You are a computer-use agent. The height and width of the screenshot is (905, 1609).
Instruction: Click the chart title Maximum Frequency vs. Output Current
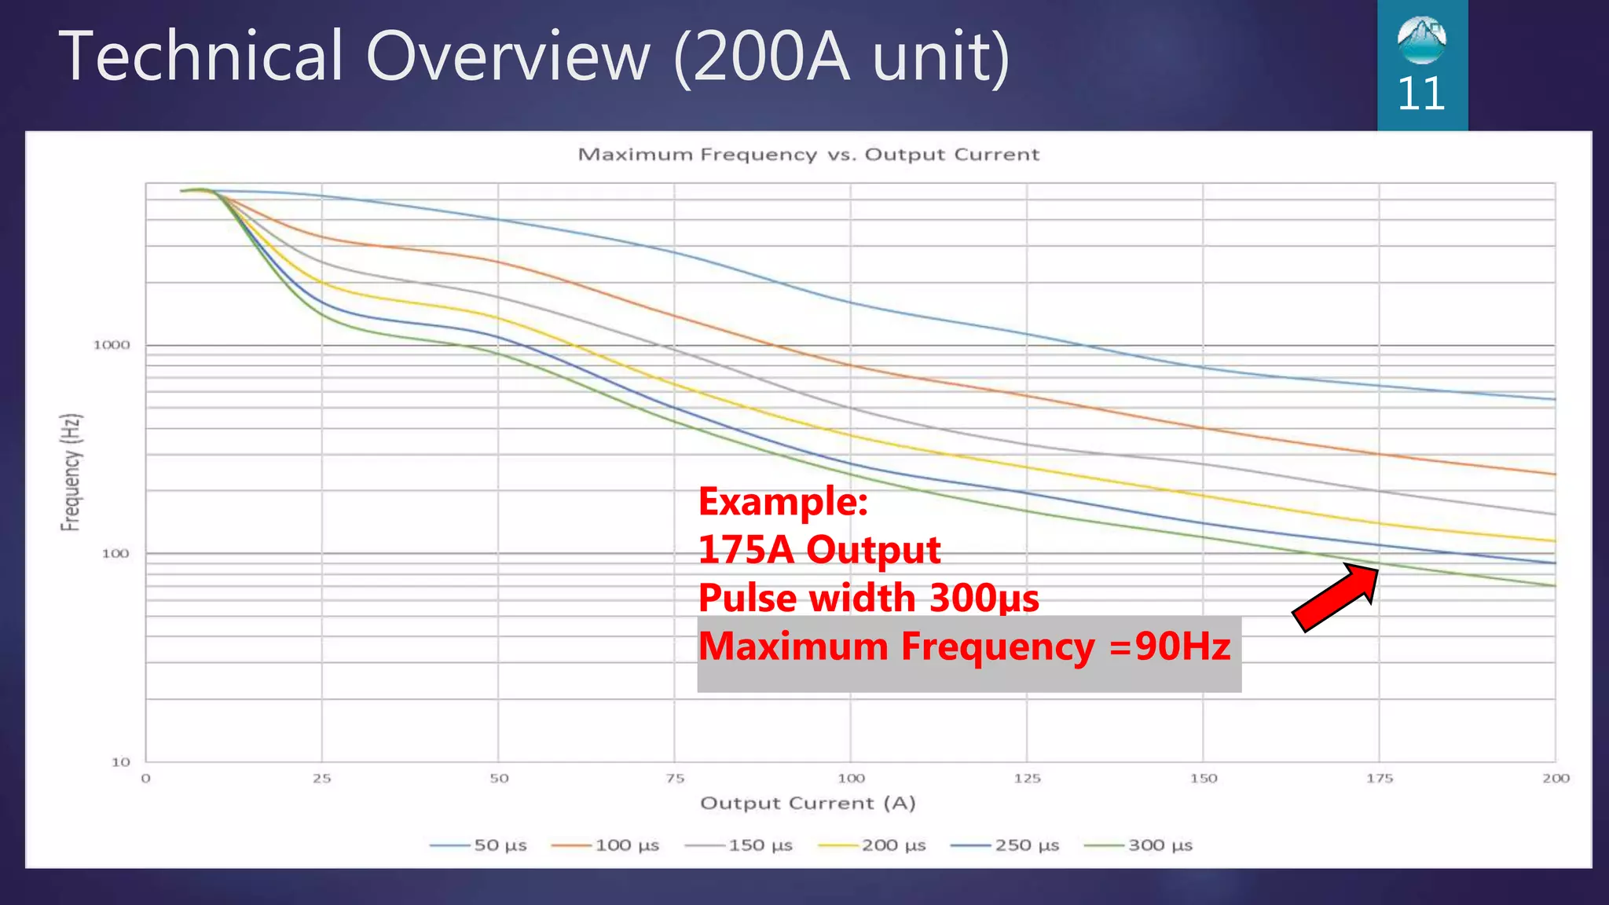(x=808, y=155)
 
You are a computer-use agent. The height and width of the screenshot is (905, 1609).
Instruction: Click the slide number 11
(x=1421, y=94)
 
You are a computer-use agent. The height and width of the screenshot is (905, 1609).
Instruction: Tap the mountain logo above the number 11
(x=1421, y=39)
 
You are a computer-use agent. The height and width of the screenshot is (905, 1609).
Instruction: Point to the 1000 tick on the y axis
(x=112, y=345)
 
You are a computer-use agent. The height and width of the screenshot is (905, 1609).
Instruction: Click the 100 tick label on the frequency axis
(x=115, y=553)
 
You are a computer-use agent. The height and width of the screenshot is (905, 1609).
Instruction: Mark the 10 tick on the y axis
(x=120, y=761)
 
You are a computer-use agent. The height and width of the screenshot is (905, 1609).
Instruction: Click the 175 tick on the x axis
(x=1380, y=779)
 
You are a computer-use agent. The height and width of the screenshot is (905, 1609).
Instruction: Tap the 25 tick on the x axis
(x=321, y=779)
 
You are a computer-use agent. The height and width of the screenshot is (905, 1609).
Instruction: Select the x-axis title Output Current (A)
(x=808, y=803)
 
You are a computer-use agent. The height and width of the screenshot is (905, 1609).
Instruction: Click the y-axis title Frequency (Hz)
(x=71, y=471)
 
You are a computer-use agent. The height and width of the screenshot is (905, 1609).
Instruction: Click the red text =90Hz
(x=1171, y=647)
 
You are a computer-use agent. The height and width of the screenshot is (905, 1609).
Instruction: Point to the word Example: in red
(x=783, y=501)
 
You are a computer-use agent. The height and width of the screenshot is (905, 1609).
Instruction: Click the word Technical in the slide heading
(x=200, y=57)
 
